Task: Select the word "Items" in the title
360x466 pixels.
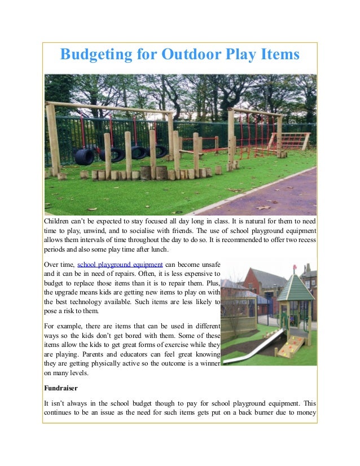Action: pyautogui.click(x=278, y=55)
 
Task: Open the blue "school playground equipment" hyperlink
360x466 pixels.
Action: pyautogui.click(x=120, y=263)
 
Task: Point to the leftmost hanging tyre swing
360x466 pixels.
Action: pyautogui.click(x=85, y=155)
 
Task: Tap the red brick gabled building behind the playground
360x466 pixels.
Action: pyautogui.click(x=257, y=285)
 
